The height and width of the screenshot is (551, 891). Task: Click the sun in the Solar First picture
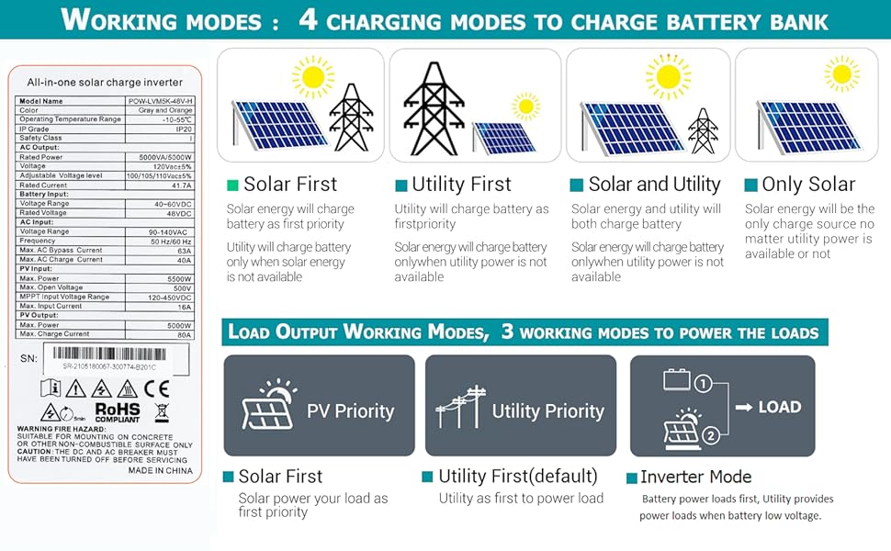click(x=314, y=74)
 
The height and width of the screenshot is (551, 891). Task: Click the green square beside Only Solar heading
click(x=750, y=186)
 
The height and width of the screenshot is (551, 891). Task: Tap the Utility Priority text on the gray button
click(x=547, y=411)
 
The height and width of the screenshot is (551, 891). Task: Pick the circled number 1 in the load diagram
click(x=704, y=383)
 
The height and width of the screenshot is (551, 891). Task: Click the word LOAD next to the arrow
click(x=779, y=407)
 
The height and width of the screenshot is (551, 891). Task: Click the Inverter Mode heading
click(x=695, y=477)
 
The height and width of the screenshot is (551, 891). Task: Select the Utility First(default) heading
click(x=518, y=477)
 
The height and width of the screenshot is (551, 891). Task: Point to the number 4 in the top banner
click(x=309, y=20)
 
